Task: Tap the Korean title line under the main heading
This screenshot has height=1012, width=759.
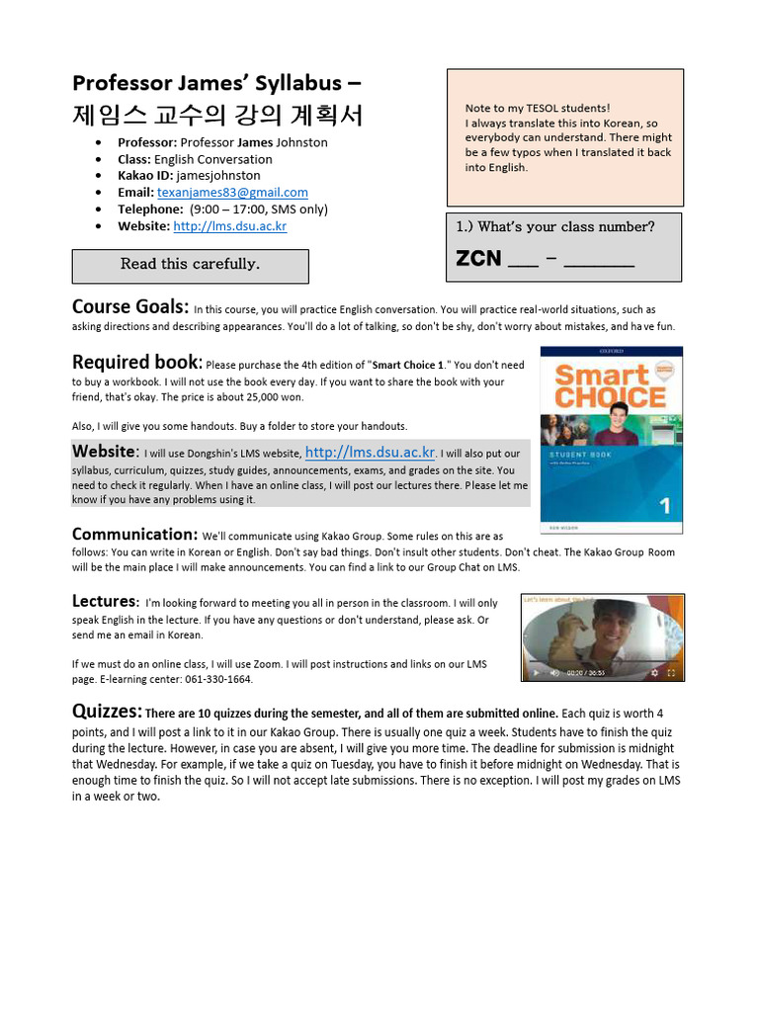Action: pyautogui.click(x=217, y=116)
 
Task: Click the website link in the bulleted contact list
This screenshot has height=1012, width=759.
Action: pyautogui.click(x=229, y=226)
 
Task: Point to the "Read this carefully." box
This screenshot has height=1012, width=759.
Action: pyautogui.click(x=190, y=265)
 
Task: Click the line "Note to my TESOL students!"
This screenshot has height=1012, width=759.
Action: pyautogui.click(x=537, y=109)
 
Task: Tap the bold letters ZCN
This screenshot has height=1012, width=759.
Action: pyautogui.click(x=478, y=259)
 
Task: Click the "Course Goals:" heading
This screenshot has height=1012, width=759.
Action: pyautogui.click(x=129, y=307)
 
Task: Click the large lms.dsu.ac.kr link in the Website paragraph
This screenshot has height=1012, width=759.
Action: pyautogui.click(x=371, y=453)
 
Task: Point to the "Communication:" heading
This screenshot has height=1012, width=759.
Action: pyautogui.click(x=134, y=535)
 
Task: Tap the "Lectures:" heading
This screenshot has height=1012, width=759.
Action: pyautogui.click(x=105, y=601)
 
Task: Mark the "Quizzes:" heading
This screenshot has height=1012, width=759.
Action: pyautogui.click(x=107, y=712)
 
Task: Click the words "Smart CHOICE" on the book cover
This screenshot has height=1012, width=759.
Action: pyautogui.click(x=609, y=386)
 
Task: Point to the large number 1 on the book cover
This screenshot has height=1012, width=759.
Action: pyautogui.click(x=664, y=505)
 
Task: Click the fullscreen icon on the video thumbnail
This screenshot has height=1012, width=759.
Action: pyautogui.click(x=671, y=673)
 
